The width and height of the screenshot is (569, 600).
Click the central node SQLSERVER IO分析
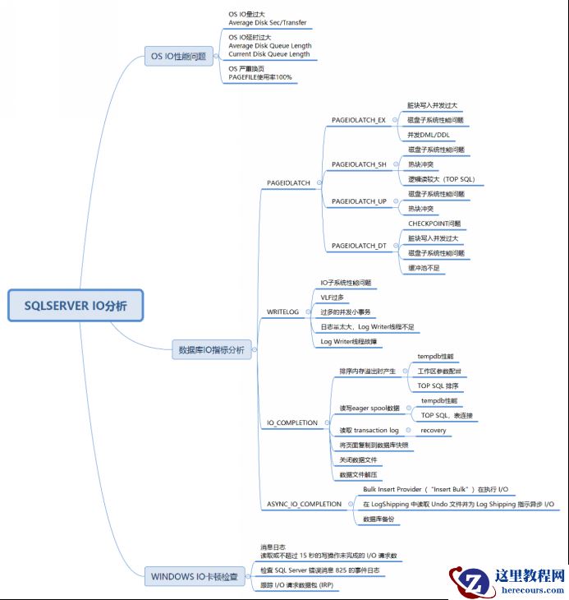click(x=76, y=306)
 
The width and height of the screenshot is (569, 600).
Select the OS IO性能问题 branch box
click(x=178, y=57)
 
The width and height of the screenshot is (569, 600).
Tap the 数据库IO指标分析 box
click(x=212, y=349)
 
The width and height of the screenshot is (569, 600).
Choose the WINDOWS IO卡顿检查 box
click(x=194, y=576)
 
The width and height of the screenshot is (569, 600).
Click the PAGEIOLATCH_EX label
click(x=358, y=120)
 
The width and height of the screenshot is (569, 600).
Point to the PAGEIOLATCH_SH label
click(x=358, y=164)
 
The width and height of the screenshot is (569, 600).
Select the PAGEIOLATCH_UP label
click(x=358, y=201)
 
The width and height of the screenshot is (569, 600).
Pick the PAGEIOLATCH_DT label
click(x=358, y=246)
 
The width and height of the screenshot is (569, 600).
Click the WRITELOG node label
click(x=282, y=312)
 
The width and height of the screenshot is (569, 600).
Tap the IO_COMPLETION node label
click(x=292, y=422)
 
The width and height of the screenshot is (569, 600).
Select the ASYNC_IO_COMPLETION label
click(x=304, y=504)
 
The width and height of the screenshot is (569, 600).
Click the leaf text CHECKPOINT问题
click(x=434, y=224)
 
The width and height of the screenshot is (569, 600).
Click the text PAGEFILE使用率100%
click(x=260, y=77)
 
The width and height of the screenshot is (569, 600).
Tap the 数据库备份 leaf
click(x=379, y=519)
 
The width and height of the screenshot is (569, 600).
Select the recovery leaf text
click(x=434, y=430)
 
